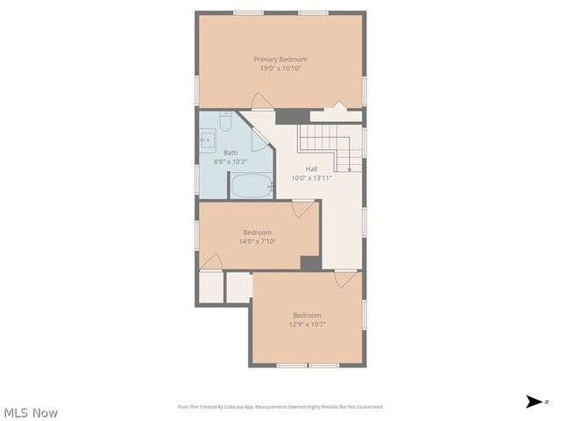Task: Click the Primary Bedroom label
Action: [x=280, y=59]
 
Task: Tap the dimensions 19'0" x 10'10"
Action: [x=280, y=68]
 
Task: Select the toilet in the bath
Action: [x=226, y=119]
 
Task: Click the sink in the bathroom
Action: [x=208, y=139]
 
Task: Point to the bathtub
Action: [x=252, y=185]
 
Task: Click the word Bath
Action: [x=231, y=153]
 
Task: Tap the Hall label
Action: [x=311, y=168]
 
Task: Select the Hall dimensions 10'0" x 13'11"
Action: [x=311, y=177]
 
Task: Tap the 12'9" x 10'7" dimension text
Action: [x=306, y=325]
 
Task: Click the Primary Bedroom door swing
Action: [x=262, y=100]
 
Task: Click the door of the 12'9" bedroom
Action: [x=345, y=279]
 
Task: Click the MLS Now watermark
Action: [x=31, y=412]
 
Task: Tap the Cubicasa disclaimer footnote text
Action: [x=280, y=407]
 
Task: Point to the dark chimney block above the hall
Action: [x=292, y=116]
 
